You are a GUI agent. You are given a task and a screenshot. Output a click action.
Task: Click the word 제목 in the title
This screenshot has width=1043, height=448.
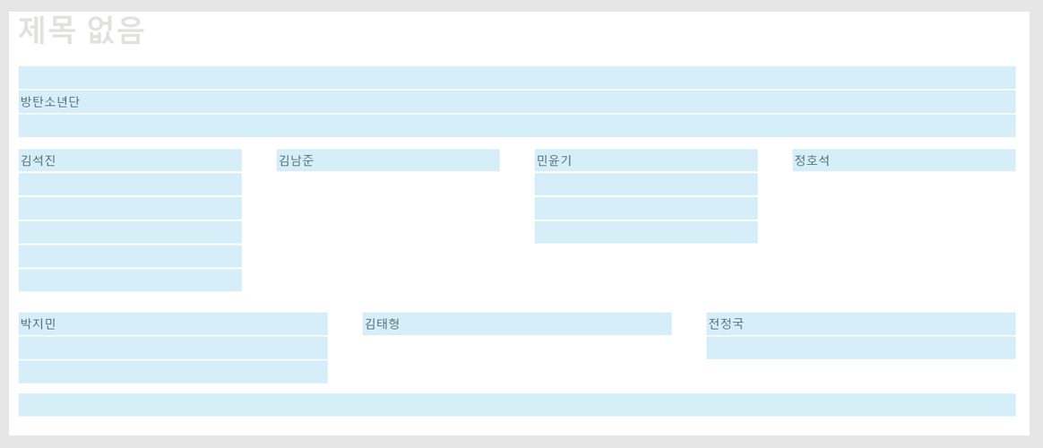coord(47,30)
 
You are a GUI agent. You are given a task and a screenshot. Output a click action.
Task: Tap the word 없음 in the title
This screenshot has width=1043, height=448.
coord(116,30)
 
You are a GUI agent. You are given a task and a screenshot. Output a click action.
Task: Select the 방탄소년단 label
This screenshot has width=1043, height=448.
coord(50,102)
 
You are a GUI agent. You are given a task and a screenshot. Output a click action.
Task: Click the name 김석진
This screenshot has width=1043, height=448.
coord(39,161)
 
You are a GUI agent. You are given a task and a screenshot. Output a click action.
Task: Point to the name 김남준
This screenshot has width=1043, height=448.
coord(297,161)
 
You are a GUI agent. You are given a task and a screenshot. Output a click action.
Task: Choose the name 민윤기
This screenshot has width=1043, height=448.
coord(554,161)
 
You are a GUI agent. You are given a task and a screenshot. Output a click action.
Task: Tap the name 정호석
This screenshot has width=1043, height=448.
coord(812,161)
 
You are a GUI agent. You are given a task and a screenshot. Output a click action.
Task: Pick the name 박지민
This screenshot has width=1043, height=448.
coord(39,324)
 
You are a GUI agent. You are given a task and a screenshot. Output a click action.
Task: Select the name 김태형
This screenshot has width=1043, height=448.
coord(382,324)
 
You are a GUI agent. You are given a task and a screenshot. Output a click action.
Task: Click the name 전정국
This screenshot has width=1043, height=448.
coord(726,324)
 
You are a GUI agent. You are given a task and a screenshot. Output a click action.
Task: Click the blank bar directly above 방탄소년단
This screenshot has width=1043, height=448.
coord(517,78)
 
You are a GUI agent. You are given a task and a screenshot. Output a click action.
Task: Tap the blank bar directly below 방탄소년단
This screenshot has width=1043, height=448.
coord(517,125)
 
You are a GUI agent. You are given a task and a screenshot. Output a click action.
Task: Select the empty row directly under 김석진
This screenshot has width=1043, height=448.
coord(130,185)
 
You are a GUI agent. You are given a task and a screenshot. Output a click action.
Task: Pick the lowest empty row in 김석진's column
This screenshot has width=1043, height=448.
coord(130,280)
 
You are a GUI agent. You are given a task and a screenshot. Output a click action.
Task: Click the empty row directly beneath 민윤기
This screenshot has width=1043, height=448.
coord(646,185)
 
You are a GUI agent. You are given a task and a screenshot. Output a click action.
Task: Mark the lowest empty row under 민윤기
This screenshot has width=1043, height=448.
coord(646,232)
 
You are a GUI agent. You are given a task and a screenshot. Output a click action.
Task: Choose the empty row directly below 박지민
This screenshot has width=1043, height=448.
coord(173,348)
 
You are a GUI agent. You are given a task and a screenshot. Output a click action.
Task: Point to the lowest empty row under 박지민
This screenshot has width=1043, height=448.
coord(173,372)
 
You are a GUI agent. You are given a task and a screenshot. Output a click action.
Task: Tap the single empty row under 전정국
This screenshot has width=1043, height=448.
coord(861,348)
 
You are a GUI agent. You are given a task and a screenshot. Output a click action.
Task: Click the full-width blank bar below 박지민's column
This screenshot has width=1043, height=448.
coord(517,405)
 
